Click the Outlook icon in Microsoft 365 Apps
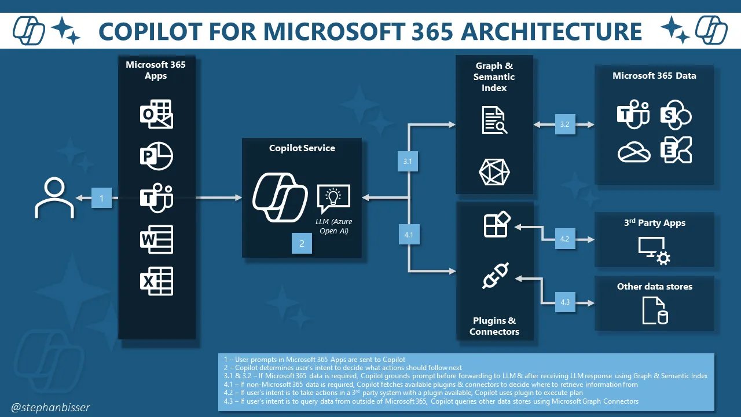pos(157,115)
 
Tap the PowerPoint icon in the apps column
pos(157,156)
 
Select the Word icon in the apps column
pos(157,240)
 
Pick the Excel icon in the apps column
pos(157,281)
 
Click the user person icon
pos(54,198)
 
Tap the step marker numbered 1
pos(102,199)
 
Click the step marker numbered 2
pos(302,244)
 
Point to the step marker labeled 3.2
pos(565,124)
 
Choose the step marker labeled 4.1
pos(409,235)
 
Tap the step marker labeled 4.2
pos(565,239)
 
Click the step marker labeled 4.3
pos(565,302)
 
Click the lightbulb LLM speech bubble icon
pos(333,199)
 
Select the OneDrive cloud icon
pos(634,152)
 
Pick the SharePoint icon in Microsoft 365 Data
pos(676,114)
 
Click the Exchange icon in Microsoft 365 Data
pos(676,151)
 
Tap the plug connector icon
pos(496,277)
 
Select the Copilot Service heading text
pos(302,148)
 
